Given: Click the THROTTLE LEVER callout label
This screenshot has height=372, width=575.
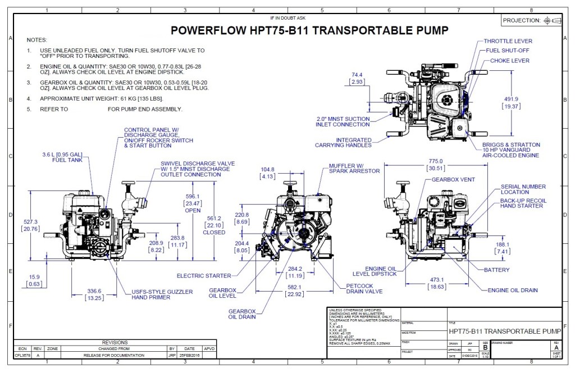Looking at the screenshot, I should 508,41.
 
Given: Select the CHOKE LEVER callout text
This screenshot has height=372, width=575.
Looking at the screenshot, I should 509,60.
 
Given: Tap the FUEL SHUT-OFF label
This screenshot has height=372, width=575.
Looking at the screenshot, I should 509,51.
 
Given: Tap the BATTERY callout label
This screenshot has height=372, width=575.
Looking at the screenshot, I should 497,270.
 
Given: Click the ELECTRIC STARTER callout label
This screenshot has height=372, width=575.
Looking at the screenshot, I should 204,276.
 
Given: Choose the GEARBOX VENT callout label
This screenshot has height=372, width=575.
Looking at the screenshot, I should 453,179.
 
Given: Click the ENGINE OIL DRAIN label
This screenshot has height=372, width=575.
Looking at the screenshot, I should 512,290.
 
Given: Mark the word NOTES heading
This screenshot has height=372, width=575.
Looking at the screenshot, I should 37,40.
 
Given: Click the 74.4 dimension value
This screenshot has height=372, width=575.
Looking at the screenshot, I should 357,74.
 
